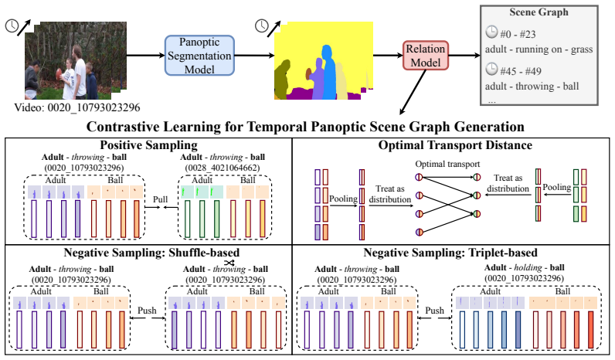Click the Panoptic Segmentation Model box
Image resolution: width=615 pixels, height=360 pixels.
(x=199, y=56)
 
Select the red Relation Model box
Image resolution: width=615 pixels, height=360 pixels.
(x=426, y=56)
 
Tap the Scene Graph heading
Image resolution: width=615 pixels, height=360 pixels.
(x=539, y=12)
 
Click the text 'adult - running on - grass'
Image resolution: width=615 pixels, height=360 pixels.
(x=539, y=49)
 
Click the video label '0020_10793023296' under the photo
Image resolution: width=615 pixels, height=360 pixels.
(x=93, y=107)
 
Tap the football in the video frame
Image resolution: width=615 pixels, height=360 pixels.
(x=60, y=73)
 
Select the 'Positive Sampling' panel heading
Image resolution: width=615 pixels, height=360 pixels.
(x=148, y=145)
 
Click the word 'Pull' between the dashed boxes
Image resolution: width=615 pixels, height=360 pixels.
(x=160, y=199)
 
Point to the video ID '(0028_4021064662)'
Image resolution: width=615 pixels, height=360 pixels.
(x=223, y=168)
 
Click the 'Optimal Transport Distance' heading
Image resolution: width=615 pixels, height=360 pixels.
(x=455, y=145)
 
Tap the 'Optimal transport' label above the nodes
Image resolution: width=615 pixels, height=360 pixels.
(x=447, y=164)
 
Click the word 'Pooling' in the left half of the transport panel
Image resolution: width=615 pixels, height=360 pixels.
(x=343, y=199)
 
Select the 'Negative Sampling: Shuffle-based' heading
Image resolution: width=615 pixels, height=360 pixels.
(x=151, y=253)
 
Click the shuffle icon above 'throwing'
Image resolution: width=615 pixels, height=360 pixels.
(x=229, y=263)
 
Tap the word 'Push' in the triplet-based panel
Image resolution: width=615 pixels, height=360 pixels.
(x=434, y=311)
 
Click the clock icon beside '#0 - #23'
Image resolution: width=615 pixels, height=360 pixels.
(x=491, y=32)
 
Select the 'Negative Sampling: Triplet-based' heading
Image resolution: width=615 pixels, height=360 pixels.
(x=450, y=253)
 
